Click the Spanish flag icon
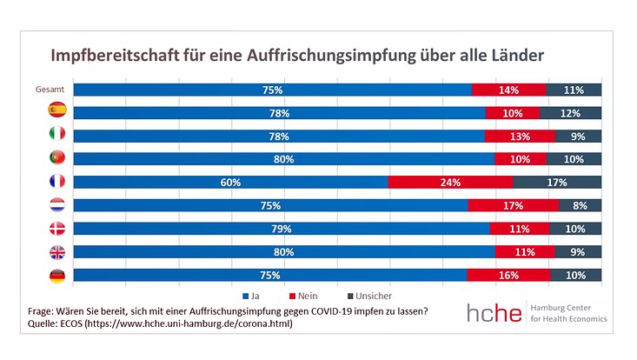tap(57, 110)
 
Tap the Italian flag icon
tap(57, 135)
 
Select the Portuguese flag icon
tap(57, 158)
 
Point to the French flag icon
tap(57, 183)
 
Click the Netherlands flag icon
tap(57, 206)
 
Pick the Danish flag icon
tap(57, 230)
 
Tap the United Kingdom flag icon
tap(57, 252)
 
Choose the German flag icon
tap(57, 276)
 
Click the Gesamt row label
tap(51, 90)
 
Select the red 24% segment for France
tap(450, 183)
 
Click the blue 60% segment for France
tap(230, 183)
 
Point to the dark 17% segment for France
tap(557, 183)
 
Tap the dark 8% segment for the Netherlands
tap(581, 206)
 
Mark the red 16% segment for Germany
tap(508, 276)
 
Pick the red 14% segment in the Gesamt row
tap(508, 90)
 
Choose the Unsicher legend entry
tap(365, 296)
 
